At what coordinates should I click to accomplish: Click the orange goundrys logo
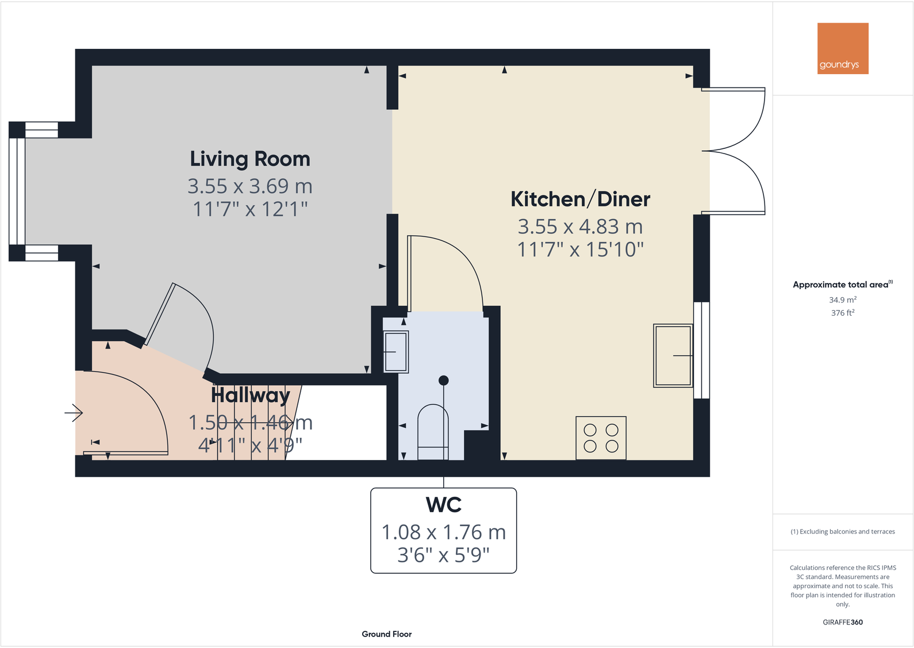843,48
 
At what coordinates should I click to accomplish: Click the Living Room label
250,159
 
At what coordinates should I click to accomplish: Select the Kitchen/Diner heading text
580,200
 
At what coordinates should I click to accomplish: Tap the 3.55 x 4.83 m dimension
580,227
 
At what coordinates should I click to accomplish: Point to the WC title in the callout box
443,505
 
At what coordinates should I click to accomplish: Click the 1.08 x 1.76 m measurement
443,532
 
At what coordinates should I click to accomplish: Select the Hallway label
250,396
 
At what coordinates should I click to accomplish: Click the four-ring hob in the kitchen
601,438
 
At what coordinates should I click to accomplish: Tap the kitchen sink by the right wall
673,355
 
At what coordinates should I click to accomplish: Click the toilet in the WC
433,432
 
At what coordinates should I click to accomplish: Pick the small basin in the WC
395,351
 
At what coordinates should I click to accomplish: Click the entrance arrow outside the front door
74,412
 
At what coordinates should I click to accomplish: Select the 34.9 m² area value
842,300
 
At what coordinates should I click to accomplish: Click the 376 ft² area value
842,313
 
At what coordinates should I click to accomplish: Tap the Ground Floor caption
386,634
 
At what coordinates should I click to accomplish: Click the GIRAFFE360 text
842,622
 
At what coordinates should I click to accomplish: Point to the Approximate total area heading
841,285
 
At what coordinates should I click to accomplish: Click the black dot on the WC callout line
443,380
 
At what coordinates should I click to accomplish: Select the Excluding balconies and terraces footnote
842,531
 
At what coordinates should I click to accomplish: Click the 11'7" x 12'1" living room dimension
250,209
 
